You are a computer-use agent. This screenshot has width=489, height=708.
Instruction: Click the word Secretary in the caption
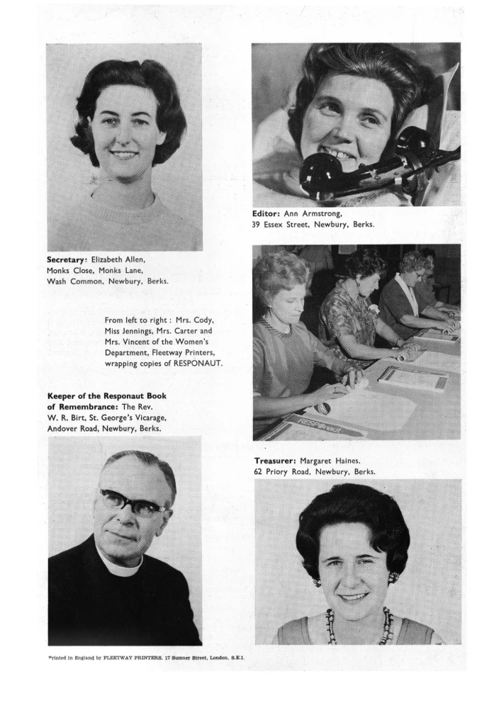pos(67,259)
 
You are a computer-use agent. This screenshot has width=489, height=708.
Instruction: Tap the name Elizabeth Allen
pos(119,259)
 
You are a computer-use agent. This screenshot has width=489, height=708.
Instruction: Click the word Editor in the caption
pos(266,213)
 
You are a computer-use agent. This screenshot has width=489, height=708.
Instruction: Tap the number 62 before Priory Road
pos(260,471)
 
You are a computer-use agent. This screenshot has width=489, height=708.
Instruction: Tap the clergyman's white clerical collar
pos(120,563)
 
